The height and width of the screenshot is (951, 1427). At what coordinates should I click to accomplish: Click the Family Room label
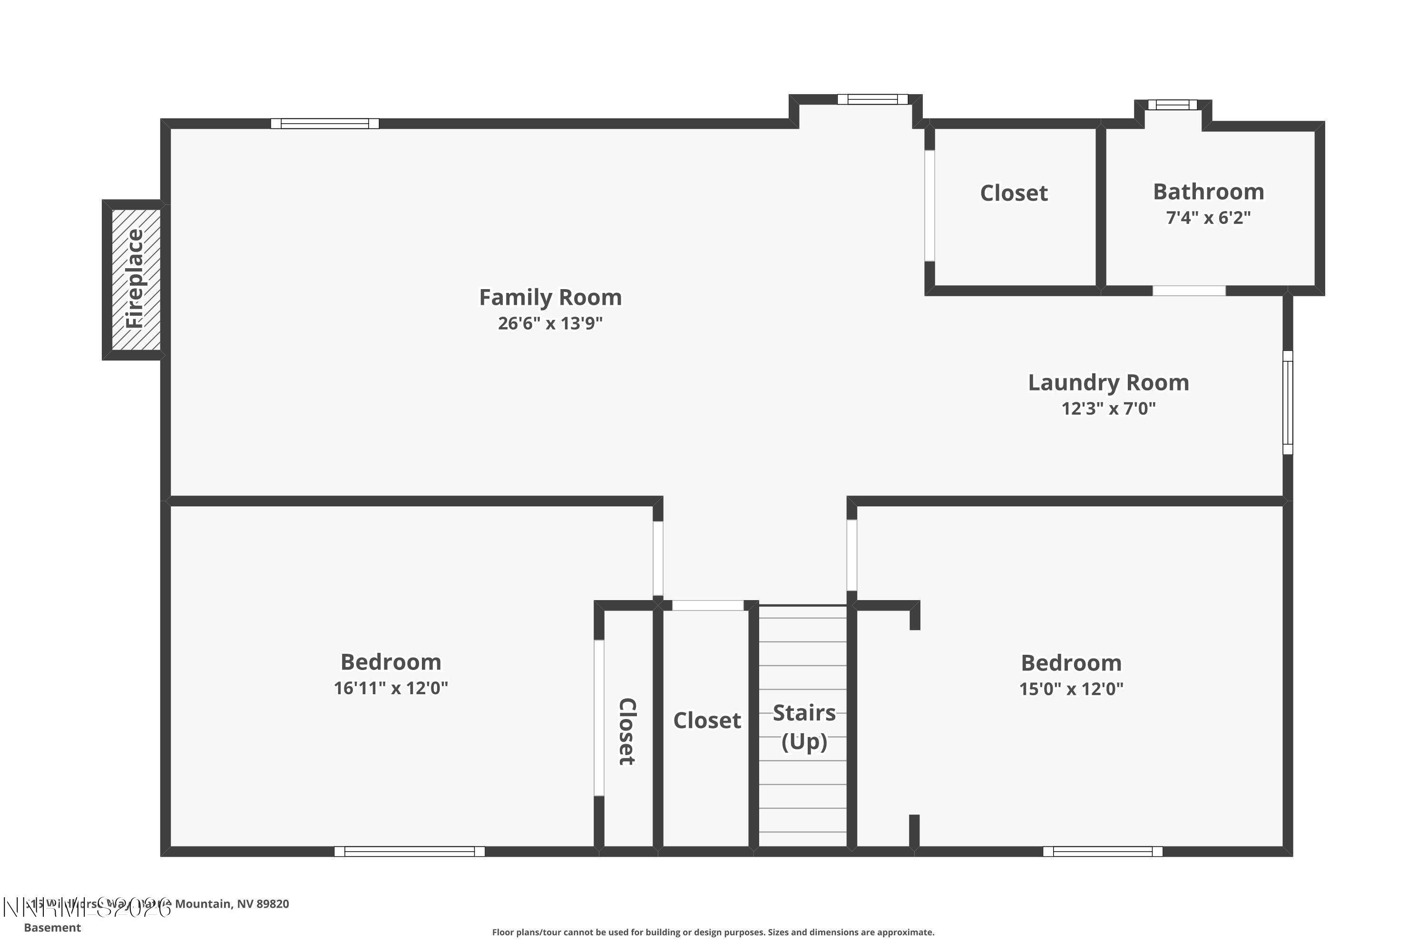coord(550,297)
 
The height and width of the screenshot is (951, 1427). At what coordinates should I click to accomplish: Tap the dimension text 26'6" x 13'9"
coord(550,323)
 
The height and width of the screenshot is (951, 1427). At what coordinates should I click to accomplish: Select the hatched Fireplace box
coord(136,280)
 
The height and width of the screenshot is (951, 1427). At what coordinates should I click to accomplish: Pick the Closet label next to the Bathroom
coord(1014,193)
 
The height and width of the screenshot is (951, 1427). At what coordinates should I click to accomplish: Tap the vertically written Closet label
coord(627,731)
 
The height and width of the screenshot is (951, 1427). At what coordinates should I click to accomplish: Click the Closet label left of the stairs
coord(707,720)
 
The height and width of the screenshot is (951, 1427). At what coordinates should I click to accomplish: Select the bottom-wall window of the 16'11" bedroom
coord(410,852)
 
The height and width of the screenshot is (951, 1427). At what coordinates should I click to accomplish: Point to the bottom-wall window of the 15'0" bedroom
coord(1103,852)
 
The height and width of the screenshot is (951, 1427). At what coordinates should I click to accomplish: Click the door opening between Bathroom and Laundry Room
coord(1189,291)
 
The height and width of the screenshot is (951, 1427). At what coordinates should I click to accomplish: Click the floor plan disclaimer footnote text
coord(713,932)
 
